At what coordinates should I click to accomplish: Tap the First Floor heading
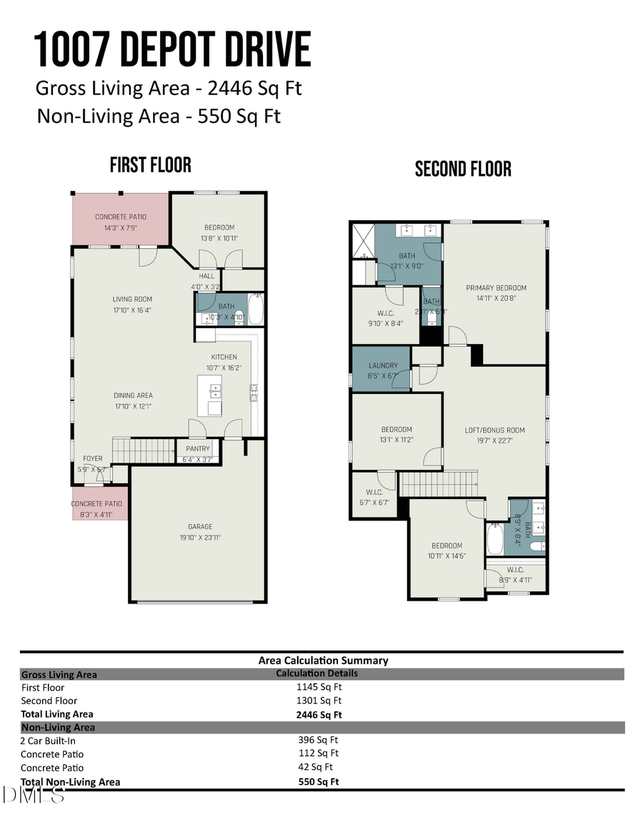pyautogui.click(x=150, y=165)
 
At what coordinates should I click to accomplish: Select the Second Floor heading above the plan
pyautogui.click(x=463, y=169)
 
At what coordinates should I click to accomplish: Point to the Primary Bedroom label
pyautogui.click(x=496, y=288)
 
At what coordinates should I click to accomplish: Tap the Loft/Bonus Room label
pyautogui.click(x=494, y=430)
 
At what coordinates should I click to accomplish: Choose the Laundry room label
pyautogui.click(x=384, y=365)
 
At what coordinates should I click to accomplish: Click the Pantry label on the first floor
pyautogui.click(x=198, y=449)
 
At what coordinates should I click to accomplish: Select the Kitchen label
pyautogui.click(x=224, y=358)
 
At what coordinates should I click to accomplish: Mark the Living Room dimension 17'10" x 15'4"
pyautogui.click(x=132, y=310)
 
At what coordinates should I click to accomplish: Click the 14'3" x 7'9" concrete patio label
pyautogui.click(x=121, y=227)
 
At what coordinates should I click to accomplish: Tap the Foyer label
pyautogui.click(x=93, y=458)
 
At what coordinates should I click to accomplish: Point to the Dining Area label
pyautogui.click(x=133, y=395)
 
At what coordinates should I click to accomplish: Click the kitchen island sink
pyautogui.click(x=215, y=390)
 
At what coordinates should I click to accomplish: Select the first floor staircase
pyautogui.click(x=144, y=451)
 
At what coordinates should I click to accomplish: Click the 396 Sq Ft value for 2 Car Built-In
pyautogui.click(x=318, y=741)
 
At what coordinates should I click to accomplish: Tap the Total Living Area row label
pyautogui.click(x=57, y=714)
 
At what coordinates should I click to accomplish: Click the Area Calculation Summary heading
pyautogui.click(x=323, y=661)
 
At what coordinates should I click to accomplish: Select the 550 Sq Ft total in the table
pyautogui.click(x=319, y=782)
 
